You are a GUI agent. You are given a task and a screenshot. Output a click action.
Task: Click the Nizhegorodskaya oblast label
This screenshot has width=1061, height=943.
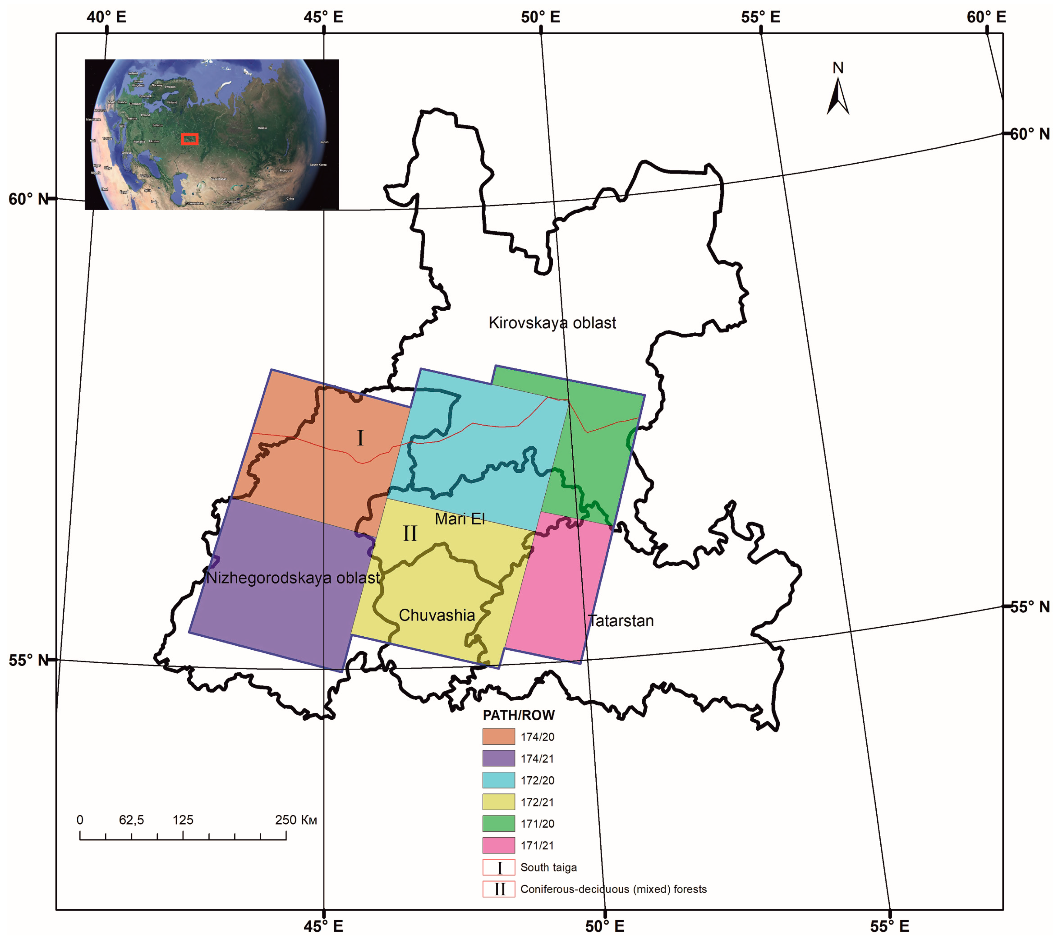tap(293, 578)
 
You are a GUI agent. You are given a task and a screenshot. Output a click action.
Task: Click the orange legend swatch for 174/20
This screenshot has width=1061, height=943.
tap(498, 736)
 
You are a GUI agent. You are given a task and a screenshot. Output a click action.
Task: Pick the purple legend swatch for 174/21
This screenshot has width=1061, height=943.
tap(498, 758)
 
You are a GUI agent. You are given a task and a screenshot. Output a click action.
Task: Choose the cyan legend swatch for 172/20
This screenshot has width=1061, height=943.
tap(498, 780)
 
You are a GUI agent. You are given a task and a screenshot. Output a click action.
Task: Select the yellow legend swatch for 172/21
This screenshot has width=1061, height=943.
tap(498, 802)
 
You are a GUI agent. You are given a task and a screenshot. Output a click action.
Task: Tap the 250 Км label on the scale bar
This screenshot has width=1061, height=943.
tap(295, 820)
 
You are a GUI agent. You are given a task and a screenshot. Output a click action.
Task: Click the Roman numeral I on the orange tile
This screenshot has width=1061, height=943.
tap(360, 438)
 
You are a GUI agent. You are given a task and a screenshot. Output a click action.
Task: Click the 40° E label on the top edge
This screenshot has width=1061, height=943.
tap(106, 17)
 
